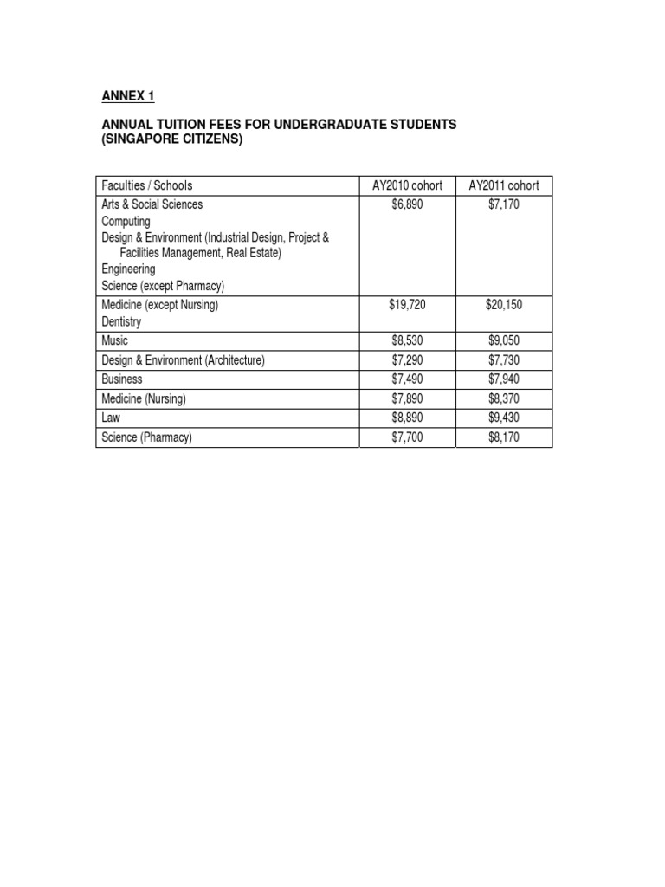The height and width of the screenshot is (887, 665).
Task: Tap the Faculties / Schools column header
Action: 147,185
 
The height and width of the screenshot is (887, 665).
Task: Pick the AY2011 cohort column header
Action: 504,185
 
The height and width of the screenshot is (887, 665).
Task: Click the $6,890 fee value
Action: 408,204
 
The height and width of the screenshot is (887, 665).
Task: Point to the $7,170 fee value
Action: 504,204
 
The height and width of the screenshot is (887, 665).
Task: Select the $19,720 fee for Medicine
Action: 408,305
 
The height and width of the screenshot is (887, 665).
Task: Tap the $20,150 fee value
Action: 504,305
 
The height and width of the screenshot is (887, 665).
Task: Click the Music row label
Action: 116,340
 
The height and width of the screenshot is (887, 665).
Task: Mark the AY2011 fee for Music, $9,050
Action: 504,340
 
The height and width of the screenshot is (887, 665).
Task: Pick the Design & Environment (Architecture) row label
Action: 184,359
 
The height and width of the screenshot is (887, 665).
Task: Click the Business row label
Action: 122,379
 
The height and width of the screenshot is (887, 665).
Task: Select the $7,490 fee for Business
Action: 408,379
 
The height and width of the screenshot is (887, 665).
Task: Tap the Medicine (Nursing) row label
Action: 144,398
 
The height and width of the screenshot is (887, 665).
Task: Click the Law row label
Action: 112,418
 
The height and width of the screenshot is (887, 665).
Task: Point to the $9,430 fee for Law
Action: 504,418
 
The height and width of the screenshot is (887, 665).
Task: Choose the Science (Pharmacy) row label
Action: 147,437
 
